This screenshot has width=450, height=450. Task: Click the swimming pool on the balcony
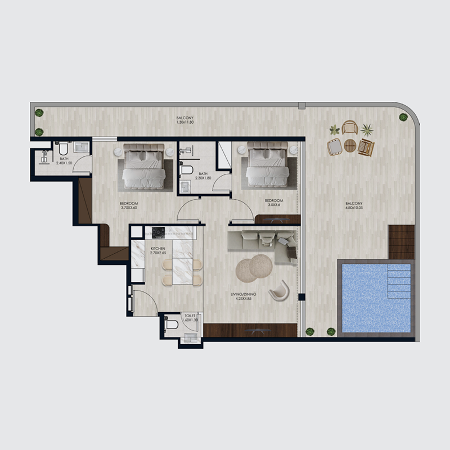click(x=366, y=298)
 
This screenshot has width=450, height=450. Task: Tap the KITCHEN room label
click(x=157, y=248)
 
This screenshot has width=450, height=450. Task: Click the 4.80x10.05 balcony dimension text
click(x=354, y=208)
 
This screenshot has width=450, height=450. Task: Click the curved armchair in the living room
click(x=280, y=291)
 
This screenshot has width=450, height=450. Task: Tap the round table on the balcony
click(x=350, y=145)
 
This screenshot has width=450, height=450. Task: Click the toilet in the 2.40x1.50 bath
click(x=62, y=148)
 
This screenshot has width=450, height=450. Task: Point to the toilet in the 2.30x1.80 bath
click(x=188, y=169)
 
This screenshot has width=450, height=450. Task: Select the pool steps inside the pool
click(x=400, y=282)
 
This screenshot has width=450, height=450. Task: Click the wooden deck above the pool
click(x=401, y=241)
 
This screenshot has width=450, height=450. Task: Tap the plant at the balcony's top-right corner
click(x=403, y=117)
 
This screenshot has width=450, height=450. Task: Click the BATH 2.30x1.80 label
click(x=203, y=176)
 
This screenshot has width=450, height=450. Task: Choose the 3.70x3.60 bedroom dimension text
click(x=129, y=208)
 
